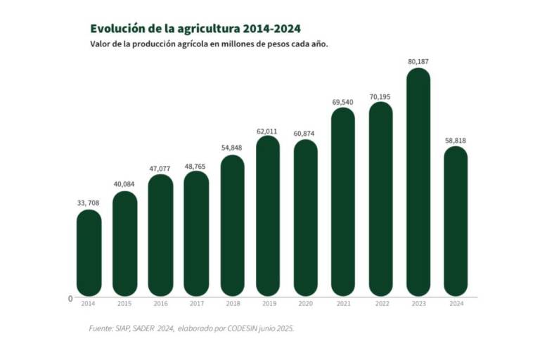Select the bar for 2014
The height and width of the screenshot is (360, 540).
pos(89,252)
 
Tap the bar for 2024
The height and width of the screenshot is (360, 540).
pos(455,221)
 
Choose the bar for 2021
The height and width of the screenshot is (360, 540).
pos(343,201)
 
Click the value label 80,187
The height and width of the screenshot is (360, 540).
pos(418,62)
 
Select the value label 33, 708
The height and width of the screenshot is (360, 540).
pos(89,203)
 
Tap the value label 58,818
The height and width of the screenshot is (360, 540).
pos(455,141)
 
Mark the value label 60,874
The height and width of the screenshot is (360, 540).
pos(305,134)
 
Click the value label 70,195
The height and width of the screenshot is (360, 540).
pos(380,96)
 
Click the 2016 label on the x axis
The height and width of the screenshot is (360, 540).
pos(160,304)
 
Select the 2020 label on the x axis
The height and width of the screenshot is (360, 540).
pos(305,304)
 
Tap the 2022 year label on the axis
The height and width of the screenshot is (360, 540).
pos(380,304)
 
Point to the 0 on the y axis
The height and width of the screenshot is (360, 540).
pos(70,299)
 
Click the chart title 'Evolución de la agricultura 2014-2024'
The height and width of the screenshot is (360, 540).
pos(195,29)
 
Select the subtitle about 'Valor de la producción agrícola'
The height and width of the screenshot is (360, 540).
pos(210,44)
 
